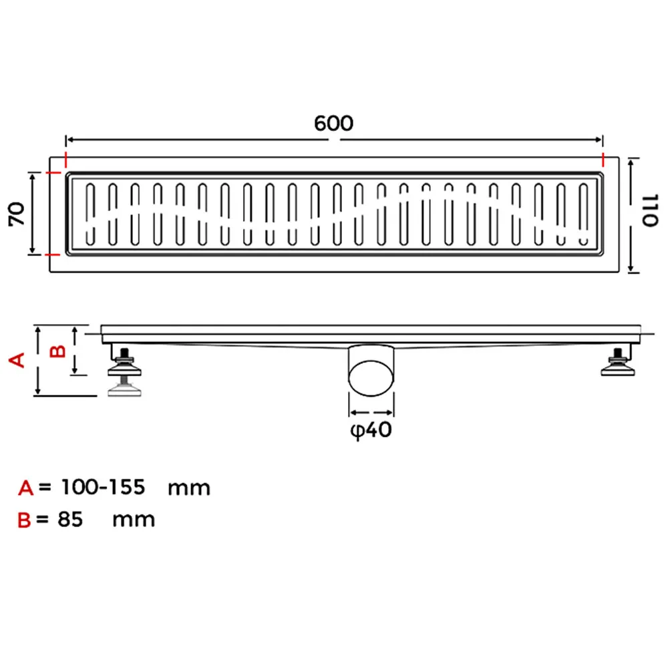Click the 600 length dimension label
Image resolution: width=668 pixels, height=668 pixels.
(x=333, y=124)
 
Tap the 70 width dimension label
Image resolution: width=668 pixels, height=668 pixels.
(x=17, y=214)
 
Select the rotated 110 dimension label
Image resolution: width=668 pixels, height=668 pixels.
(x=650, y=211)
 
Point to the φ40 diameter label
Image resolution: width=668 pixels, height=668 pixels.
(x=371, y=430)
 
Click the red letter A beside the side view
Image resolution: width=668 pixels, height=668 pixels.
(x=17, y=360)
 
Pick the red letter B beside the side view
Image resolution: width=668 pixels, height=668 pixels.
(x=57, y=351)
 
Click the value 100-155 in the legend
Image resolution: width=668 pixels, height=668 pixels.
(x=103, y=487)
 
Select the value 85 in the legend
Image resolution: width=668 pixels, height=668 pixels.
(x=70, y=519)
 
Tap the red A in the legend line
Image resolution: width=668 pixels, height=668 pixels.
(x=25, y=488)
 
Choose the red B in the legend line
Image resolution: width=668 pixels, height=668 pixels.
(x=24, y=520)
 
